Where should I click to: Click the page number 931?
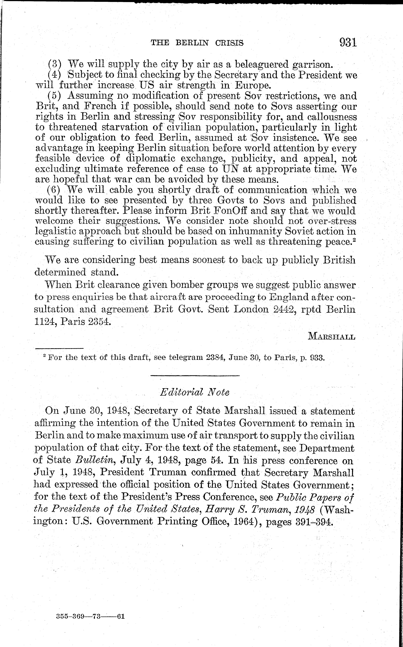[348, 43]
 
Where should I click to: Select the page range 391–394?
[315, 522]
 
